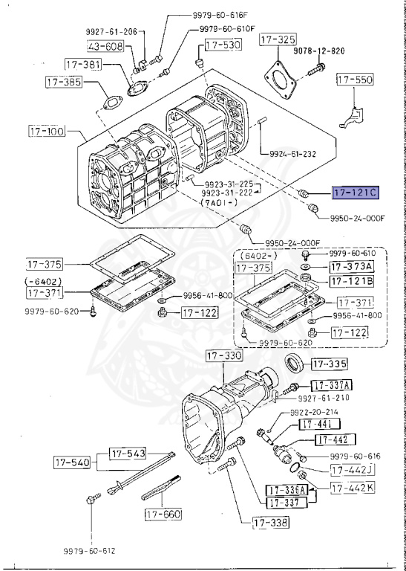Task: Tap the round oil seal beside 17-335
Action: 295,365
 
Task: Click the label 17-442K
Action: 352,488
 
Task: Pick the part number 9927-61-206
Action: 110,32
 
